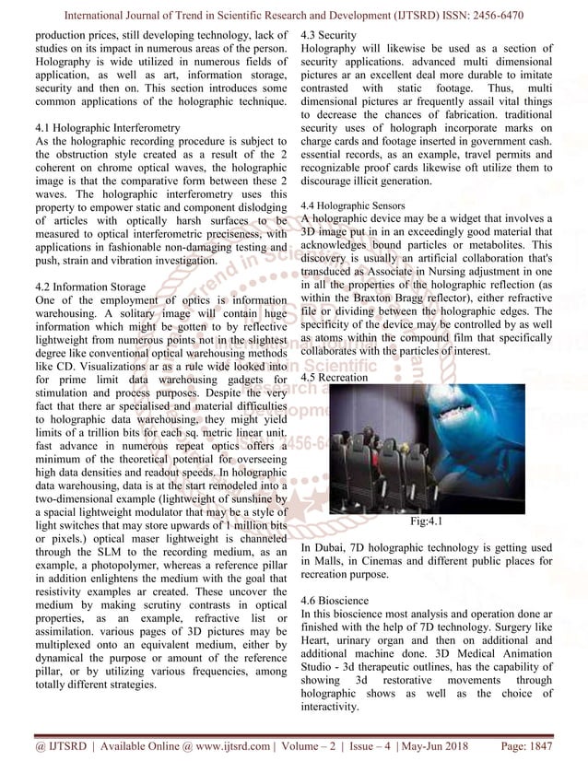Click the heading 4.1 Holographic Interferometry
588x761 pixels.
click(x=106, y=126)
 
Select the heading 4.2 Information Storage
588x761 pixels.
click(x=88, y=287)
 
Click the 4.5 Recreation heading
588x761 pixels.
click(x=341, y=377)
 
